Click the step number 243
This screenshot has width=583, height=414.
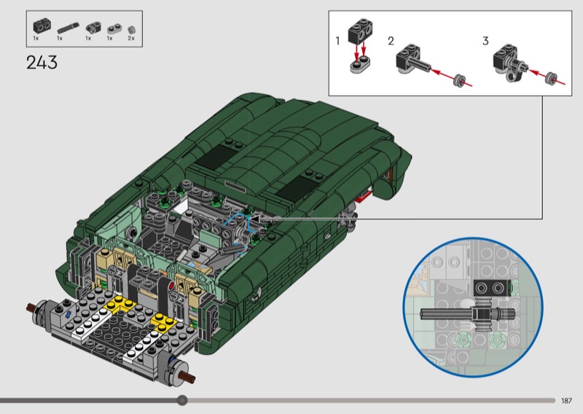(x=42, y=63)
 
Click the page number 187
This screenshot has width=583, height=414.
(x=566, y=401)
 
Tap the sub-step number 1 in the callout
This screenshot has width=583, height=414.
(x=337, y=41)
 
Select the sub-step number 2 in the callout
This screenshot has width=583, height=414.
(x=391, y=41)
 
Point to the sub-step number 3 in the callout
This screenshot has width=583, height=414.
(x=485, y=41)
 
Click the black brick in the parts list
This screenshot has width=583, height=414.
(x=42, y=26)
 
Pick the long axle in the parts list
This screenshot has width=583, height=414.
(x=68, y=28)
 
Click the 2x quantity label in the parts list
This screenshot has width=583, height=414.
(x=131, y=39)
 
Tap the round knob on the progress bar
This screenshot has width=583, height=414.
(x=181, y=400)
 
